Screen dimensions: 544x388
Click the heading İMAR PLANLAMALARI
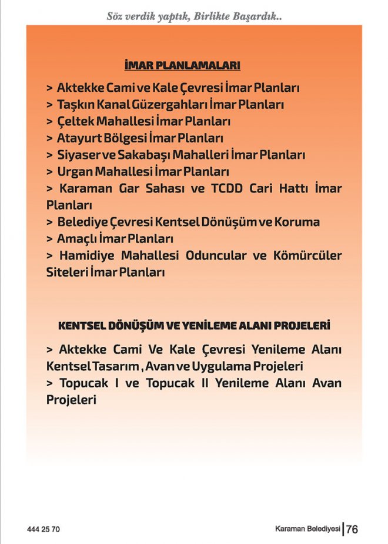(182, 65)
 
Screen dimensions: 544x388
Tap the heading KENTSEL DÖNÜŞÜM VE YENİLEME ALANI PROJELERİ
(194, 324)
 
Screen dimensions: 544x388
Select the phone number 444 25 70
(44, 529)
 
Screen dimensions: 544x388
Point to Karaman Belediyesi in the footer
(308, 529)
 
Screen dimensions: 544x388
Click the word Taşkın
(73, 105)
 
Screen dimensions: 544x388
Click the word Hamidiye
(88, 256)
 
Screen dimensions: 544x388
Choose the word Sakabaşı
(133, 155)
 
